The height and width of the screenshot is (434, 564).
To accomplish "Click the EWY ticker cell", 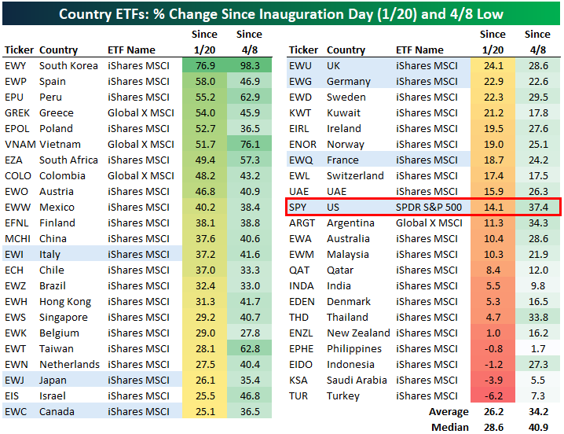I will pos(16,65).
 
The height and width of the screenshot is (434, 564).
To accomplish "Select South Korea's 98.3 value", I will pos(249,65).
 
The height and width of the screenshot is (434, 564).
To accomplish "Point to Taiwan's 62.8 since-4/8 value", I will pos(249,348).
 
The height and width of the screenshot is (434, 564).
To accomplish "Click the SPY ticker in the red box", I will pos(298,207).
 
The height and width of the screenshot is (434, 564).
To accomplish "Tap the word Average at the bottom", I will pos(449,412).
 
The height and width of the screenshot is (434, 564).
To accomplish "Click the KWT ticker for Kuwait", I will pos(301,112).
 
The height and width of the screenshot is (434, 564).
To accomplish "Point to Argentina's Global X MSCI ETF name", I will pos(429,223).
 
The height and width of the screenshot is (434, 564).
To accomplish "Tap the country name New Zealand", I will pos(358,333).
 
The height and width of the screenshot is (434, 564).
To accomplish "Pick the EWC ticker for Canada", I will pos(16,411).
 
